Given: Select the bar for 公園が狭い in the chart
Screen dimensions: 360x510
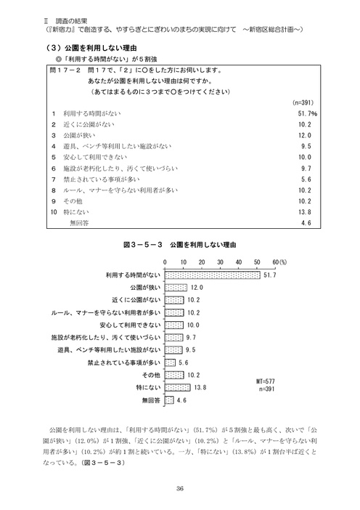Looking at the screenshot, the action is point(176,288).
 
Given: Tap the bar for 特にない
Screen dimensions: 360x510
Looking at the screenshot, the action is point(178,388).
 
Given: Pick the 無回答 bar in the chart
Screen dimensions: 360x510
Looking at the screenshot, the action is point(170,400).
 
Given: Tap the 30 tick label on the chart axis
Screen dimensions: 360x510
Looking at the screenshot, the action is point(221,262).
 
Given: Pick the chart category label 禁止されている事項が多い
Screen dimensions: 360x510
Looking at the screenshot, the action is point(123,363).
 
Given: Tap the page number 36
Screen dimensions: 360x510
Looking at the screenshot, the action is point(179,487).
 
